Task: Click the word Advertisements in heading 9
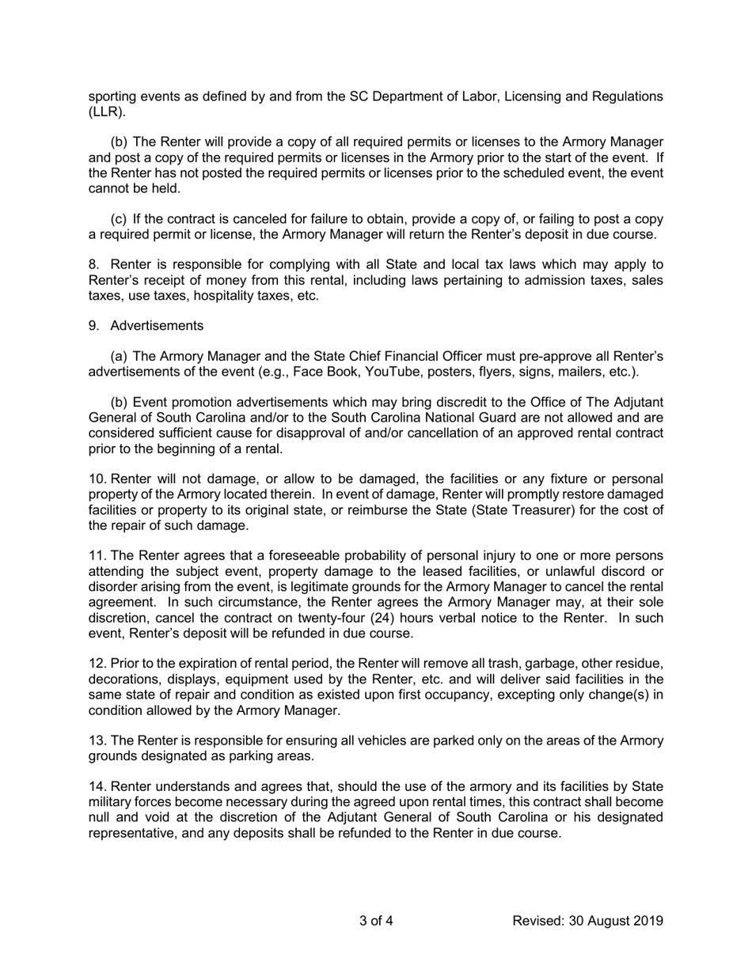(157, 326)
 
